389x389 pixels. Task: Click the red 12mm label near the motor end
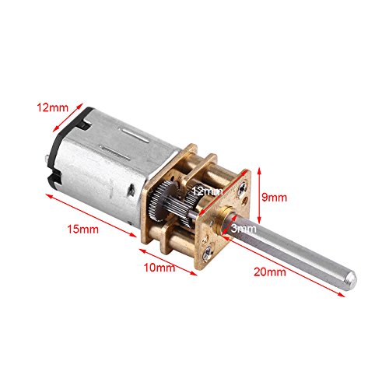tap(52, 107)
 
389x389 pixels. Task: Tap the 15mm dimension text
tap(83, 230)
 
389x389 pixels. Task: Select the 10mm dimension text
tap(159, 268)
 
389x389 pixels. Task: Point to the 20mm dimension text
tap(270, 272)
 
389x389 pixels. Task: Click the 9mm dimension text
tap(274, 198)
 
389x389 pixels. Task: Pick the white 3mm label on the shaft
tap(244, 229)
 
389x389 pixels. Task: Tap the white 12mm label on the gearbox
tap(207, 191)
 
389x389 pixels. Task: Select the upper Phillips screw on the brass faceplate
tap(242, 187)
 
